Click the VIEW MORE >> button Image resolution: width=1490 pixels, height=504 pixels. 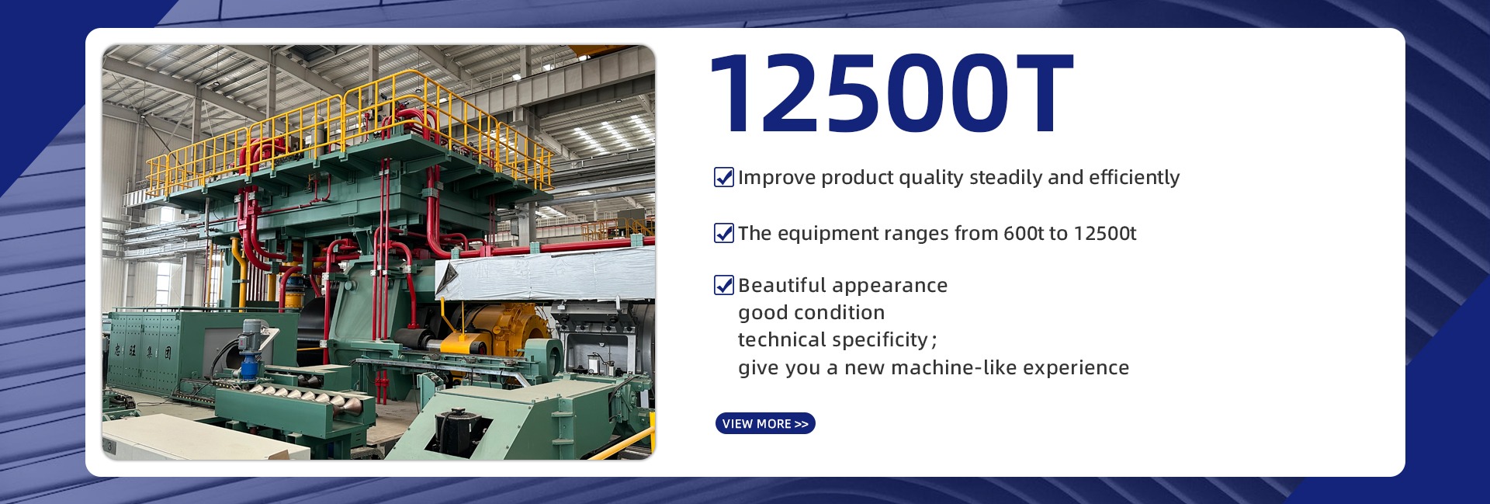(765, 423)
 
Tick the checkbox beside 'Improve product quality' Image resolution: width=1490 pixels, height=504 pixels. (724, 177)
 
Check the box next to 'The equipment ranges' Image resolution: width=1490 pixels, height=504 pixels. (724, 233)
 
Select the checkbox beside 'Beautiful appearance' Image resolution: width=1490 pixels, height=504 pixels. (724, 285)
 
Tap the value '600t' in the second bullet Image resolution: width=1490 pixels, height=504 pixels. (1023, 233)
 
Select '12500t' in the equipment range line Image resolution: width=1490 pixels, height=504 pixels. (1105, 233)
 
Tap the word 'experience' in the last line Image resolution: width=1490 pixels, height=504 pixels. (1076, 368)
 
